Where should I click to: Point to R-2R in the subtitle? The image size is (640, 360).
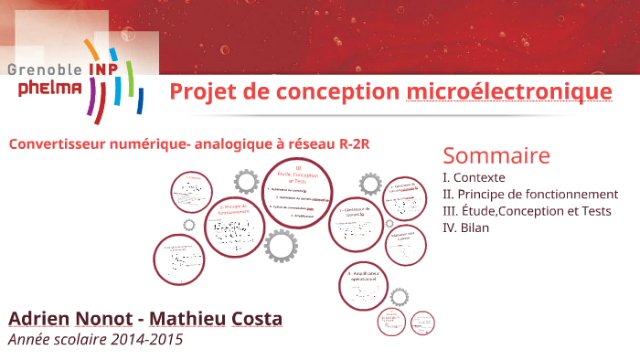pyautogui.click(x=353, y=144)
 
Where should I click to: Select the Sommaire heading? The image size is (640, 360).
pyautogui.click(x=496, y=154)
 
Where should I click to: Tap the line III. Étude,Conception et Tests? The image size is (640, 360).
pyautogui.click(x=526, y=210)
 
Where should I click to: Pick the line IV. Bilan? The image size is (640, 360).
pyautogui.click(x=465, y=227)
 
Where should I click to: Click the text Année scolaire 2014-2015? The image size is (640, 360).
pyautogui.click(x=95, y=339)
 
